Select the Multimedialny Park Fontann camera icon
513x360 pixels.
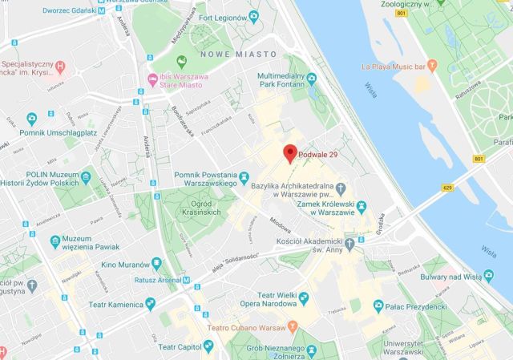tap(312, 77)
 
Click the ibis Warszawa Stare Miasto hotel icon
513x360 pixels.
tap(151, 77)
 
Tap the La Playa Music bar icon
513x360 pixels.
tap(434, 64)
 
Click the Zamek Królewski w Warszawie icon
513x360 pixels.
tap(362, 207)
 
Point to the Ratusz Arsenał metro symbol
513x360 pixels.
tap(187, 281)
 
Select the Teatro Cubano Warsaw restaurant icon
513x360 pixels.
tap(293, 326)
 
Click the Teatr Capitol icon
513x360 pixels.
tap(208, 346)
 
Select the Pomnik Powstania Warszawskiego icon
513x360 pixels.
tap(243, 176)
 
